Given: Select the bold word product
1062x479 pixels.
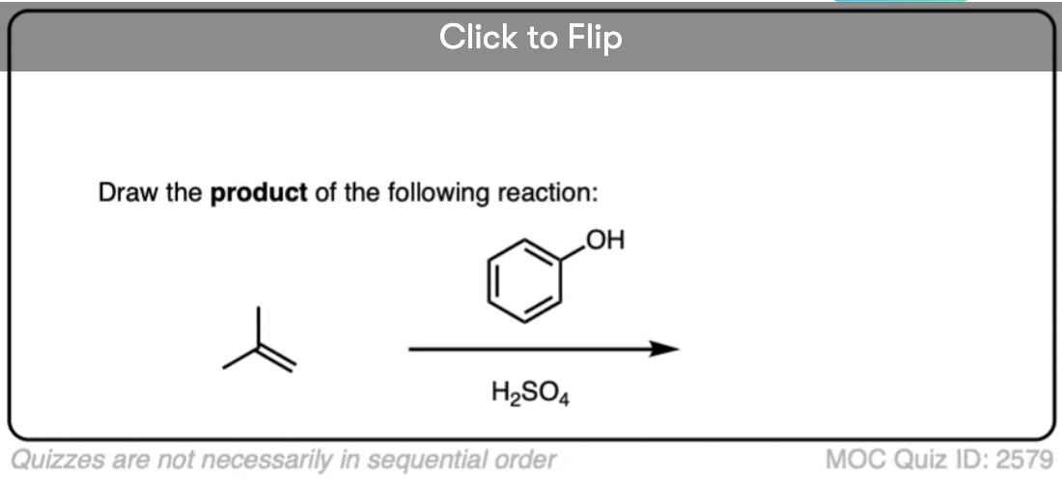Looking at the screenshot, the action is point(259,194).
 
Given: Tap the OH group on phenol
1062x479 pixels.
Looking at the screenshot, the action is point(604,239).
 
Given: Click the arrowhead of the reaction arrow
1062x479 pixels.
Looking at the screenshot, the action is point(663,349).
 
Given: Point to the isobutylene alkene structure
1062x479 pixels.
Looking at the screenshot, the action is point(259,340).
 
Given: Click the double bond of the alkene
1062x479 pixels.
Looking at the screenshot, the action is point(277,359).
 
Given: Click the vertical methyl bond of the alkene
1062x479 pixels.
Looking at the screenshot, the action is point(258,327).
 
